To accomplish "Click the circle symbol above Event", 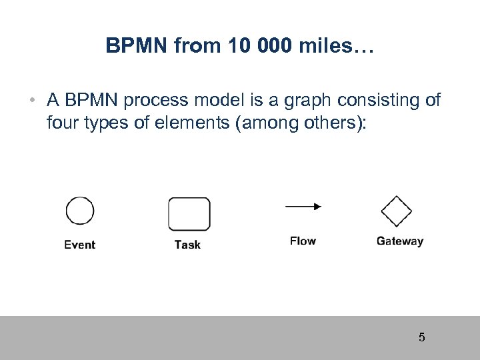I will click(x=79, y=211).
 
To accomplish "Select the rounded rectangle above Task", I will click(x=189, y=214).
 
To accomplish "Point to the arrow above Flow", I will click(x=303, y=207).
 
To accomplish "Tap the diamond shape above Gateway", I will click(x=396, y=212).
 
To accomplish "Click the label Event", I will click(x=80, y=245).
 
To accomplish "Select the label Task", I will click(x=187, y=245).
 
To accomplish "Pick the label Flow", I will click(x=303, y=241).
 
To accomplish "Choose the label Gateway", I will click(x=399, y=241).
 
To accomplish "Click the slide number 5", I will click(x=421, y=337).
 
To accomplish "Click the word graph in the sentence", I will click(x=305, y=101).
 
